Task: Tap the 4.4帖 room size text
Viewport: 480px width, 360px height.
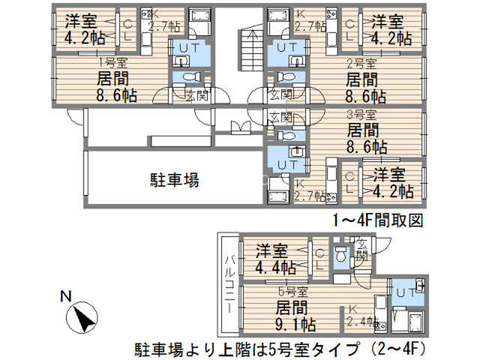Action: coord(275,266)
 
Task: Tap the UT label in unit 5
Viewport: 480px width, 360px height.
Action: coord(403,292)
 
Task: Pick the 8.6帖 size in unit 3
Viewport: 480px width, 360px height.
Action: coord(367,146)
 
